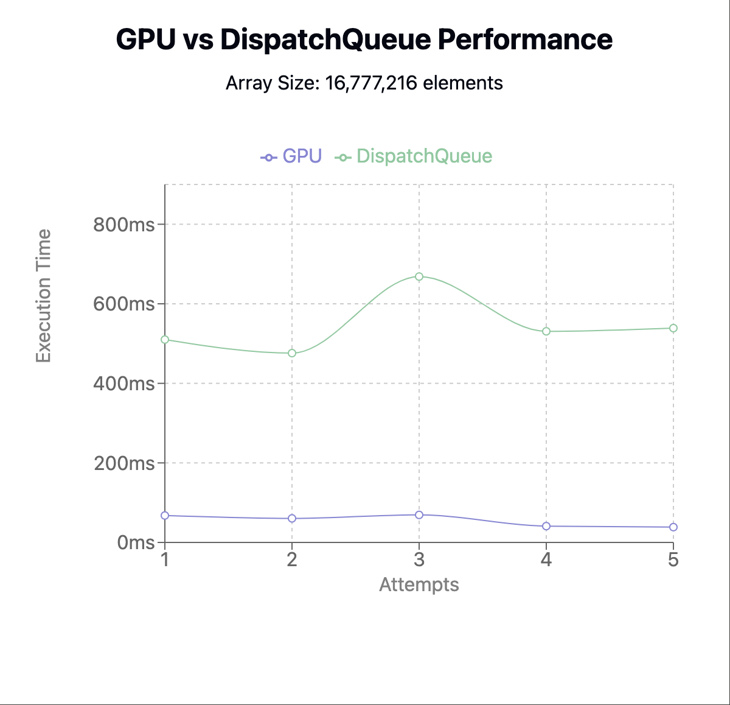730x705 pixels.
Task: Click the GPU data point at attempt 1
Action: [x=165, y=516]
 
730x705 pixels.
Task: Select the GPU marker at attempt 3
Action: [x=419, y=515]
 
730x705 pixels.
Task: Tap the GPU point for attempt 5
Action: [x=673, y=527]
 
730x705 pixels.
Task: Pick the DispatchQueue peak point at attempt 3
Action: [x=419, y=276]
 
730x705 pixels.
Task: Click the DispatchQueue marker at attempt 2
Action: [x=292, y=353]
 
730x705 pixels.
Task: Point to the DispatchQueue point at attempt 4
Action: [x=546, y=331]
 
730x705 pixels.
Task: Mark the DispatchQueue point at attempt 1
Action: [x=165, y=339]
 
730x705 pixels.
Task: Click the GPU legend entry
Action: [x=291, y=156]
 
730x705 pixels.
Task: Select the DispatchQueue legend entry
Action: [x=414, y=156]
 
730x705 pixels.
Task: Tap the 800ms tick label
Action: [x=124, y=225]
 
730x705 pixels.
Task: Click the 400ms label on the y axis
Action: [x=124, y=384]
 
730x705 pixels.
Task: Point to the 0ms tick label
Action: [x=136, y=542]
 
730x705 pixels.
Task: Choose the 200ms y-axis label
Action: [x=124, y=463]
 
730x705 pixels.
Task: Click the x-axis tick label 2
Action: [x=292, y=559]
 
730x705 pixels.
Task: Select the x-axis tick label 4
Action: [x=546, y=559]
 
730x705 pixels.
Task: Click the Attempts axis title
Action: [x=419, y=585]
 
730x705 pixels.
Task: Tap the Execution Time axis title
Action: [x=43, y=296]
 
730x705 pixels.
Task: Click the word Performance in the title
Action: [x=525, y=40]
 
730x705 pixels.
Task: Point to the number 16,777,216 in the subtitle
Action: [x=371, y=83]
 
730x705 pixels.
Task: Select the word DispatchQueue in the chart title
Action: [x=325, y=40]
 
